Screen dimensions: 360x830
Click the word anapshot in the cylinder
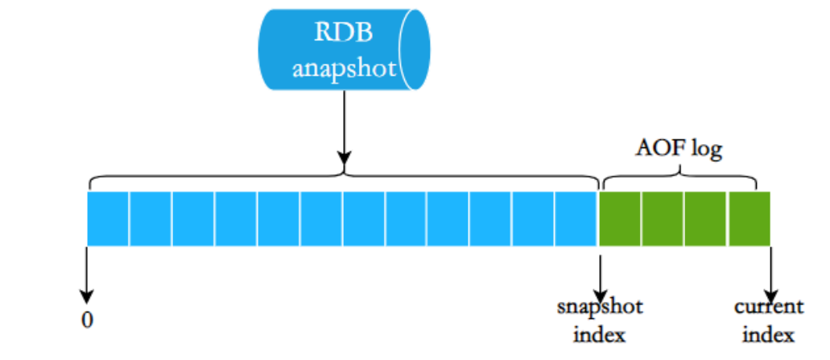coord(345,68)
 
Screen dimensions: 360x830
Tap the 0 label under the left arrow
coord(86,320)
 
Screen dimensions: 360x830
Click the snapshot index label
coord(600,320)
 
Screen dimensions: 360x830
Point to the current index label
coord(768,320)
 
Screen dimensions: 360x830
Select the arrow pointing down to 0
coord(86,274)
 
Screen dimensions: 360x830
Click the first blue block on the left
coord(108,217)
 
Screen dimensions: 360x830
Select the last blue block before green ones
coord(576,217)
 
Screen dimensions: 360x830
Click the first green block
coord(619,217)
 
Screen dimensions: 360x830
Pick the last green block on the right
coord(749,217)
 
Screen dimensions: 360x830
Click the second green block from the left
coord(663,217)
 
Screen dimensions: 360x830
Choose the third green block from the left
coord(706,217)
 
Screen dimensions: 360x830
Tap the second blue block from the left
coord(151,217)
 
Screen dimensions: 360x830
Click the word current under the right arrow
coord(768,307)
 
